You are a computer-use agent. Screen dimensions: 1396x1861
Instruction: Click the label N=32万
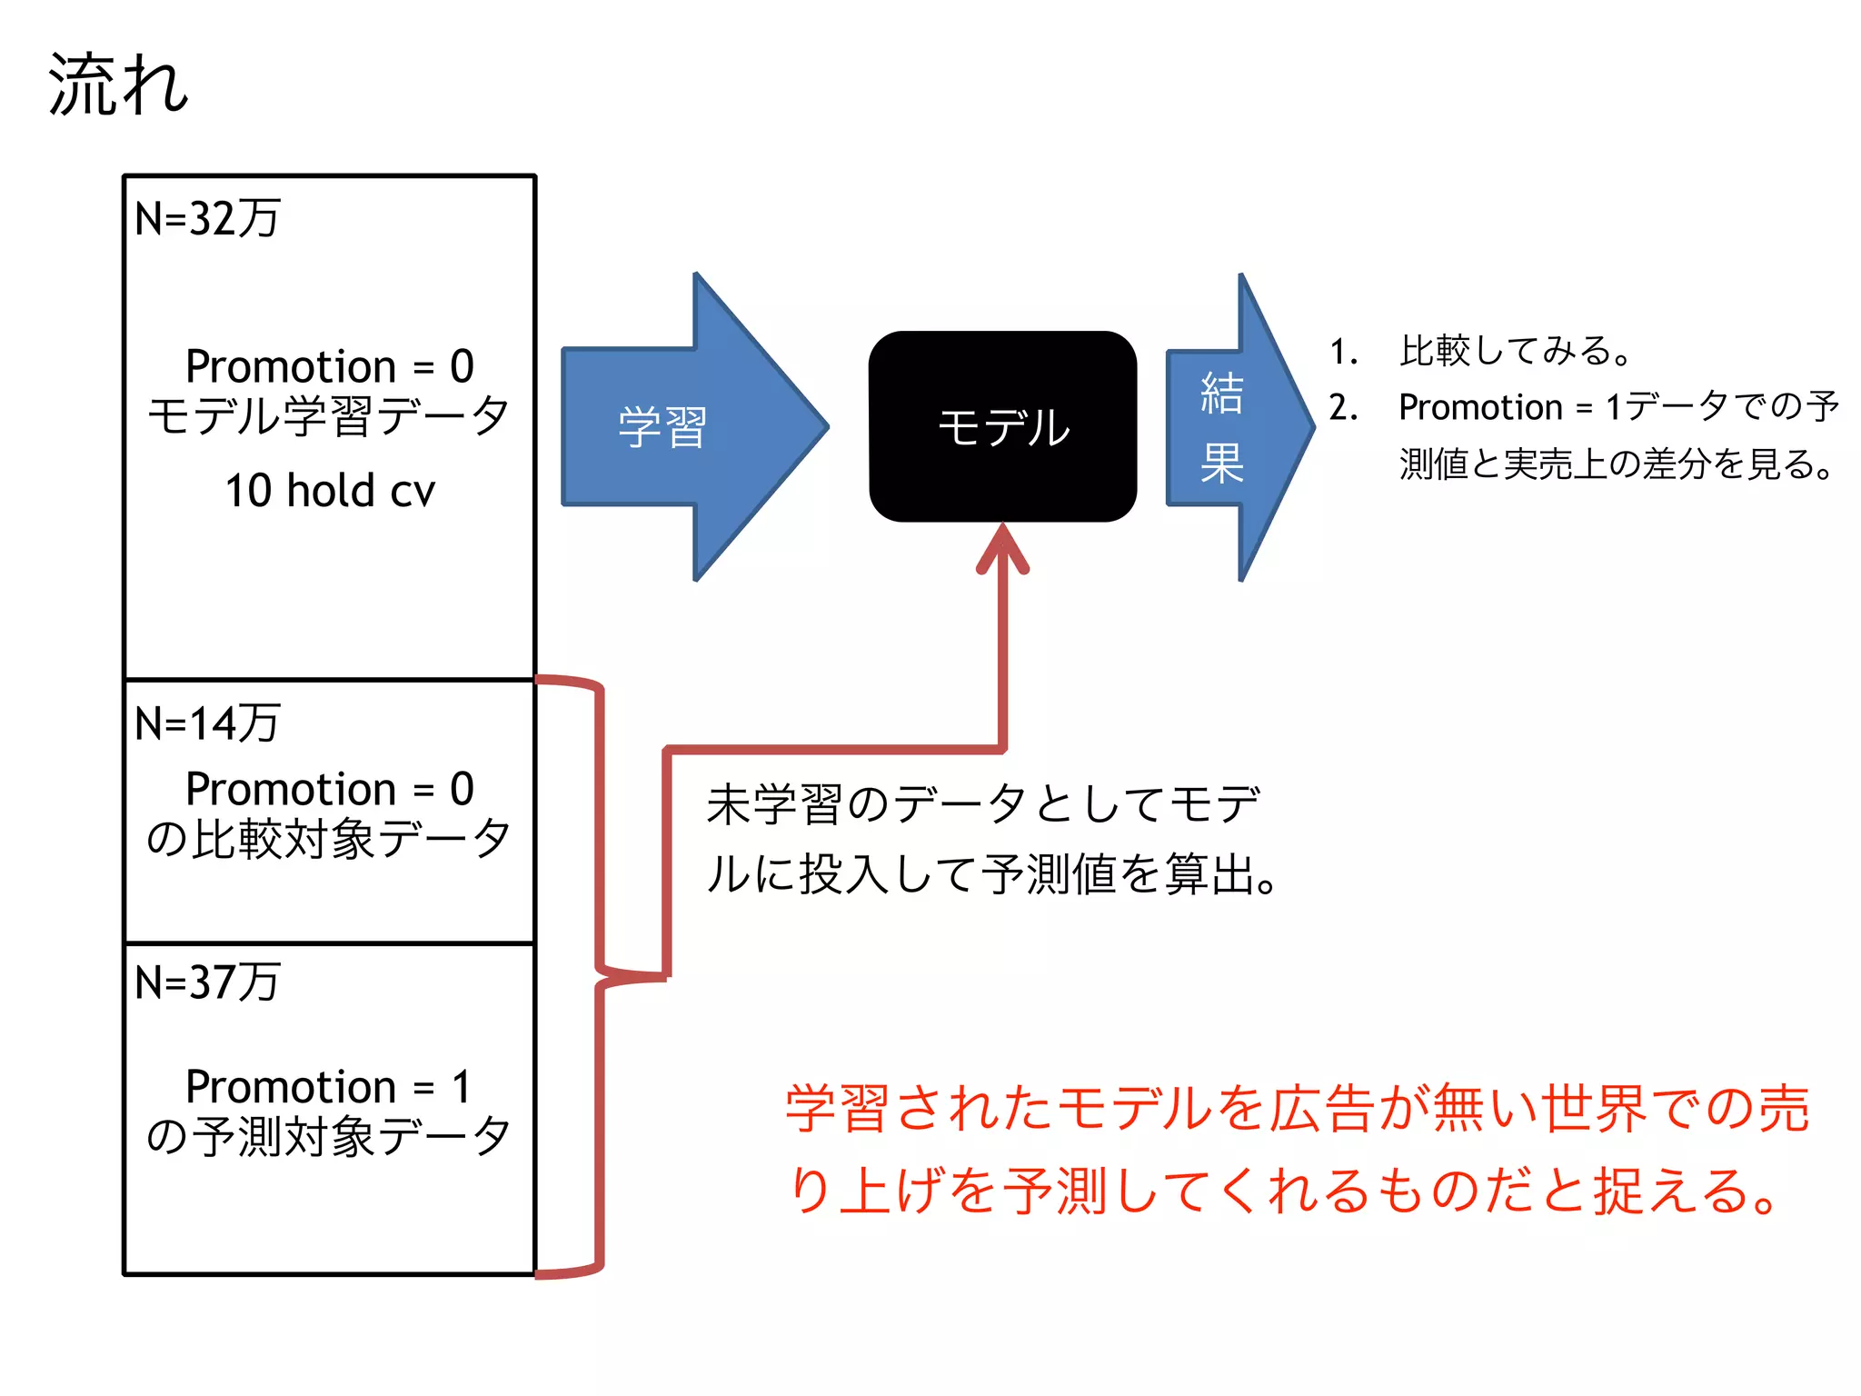click(207, 218)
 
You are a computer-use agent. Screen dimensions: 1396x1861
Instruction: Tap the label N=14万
click(207, 723)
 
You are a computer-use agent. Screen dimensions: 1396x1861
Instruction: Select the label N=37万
click(207, 982)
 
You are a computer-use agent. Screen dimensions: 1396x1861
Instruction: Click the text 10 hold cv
click(330, 491)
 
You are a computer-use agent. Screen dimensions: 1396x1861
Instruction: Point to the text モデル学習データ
click(329, 416)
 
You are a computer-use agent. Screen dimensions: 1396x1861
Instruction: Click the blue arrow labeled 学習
click(672, 426)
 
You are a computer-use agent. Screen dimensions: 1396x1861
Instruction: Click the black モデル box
click(1002, 426)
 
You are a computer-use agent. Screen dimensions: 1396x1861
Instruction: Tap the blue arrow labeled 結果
click(1227, 427)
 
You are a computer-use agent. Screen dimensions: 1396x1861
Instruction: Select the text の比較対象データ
click(329, 838)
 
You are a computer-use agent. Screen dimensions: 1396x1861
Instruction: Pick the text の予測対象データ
click(329, 1136)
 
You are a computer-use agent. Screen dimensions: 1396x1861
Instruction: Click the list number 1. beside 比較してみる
click(1344, 352)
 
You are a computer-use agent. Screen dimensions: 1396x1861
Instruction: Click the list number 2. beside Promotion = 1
click(1344, 408)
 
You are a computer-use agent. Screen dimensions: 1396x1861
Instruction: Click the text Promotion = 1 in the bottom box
click(329, 1086)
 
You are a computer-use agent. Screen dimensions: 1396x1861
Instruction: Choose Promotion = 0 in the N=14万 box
click(329, 788)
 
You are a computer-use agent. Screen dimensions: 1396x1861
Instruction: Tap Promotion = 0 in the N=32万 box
click(329, 366)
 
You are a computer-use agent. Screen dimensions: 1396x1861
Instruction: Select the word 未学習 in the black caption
click(773, 804)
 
